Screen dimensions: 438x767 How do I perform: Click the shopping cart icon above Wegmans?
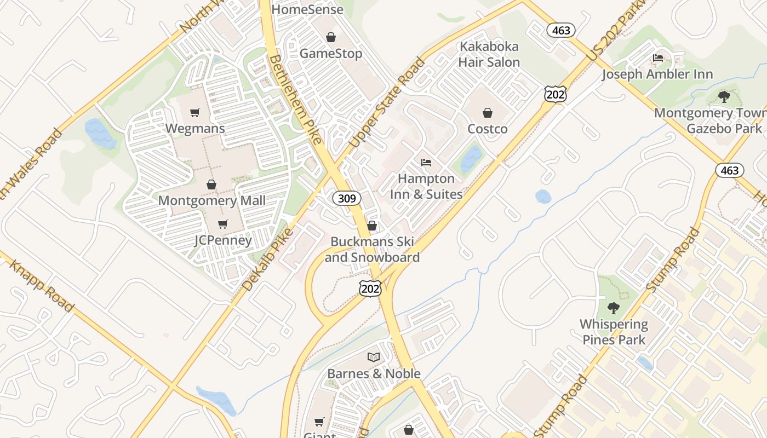(194, 113)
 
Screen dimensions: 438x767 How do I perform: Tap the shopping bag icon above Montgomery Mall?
(211, 185)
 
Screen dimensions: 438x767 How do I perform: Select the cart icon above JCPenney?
(222, 224)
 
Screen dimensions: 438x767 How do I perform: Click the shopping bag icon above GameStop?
(331, 37)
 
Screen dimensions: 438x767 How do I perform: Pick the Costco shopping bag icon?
(487, 113)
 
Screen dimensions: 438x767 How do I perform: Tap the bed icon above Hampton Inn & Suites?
(426, 163)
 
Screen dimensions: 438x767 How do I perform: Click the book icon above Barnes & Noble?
(374, 358)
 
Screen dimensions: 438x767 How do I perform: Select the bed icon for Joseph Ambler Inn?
(657, 58)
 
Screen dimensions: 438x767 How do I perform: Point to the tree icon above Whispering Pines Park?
(614, 308)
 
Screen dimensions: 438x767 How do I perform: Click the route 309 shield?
(347, 198)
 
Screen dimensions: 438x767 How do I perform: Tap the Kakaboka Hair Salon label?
(489, 54)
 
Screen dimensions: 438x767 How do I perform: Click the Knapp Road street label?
(42, 286)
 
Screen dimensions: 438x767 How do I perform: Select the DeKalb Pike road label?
(267, 258)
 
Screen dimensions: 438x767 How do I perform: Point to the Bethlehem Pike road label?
(295, 99)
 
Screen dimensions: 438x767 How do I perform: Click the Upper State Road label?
(387, 103)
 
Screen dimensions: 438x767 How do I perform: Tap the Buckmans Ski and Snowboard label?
(373, 250)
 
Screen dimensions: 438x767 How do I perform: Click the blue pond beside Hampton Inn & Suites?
(471, 159)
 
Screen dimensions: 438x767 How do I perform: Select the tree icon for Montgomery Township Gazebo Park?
(724, 97)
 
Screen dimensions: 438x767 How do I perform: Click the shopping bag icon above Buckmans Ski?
(372, 226)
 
